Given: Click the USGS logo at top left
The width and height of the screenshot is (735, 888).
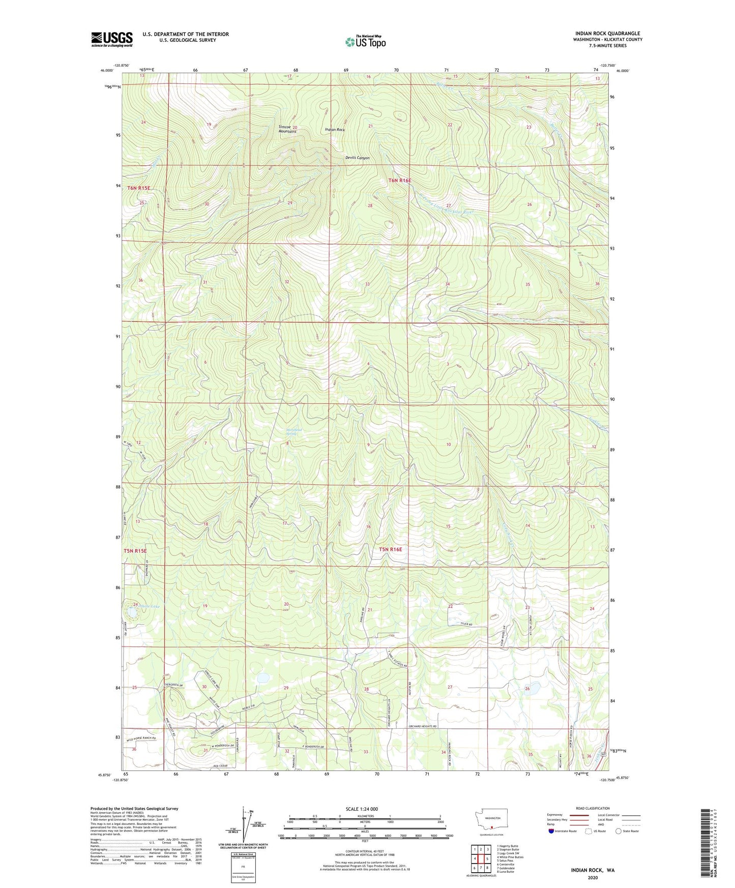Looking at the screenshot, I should pyautogui.click(x=112, y=39).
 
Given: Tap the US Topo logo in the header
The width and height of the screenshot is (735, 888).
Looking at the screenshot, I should pyautogui.click(x=365, y=42).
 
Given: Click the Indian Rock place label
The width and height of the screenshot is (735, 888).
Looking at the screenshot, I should pyautogui.click(x=335, y=130).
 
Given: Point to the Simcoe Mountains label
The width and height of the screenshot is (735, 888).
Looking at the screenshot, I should pyautogui.click(x=287, y=129).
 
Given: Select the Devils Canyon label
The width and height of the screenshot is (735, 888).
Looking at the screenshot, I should pyautogui.click(x=357, y=158).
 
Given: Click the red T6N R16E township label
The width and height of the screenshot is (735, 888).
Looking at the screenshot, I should pyautogui.click(x=399, y=180).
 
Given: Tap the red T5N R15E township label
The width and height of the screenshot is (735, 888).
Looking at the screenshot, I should pyautogui.click(x=135, y=551).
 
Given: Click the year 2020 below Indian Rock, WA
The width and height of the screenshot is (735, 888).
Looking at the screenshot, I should pyautogui.click(x=593, y=877).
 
